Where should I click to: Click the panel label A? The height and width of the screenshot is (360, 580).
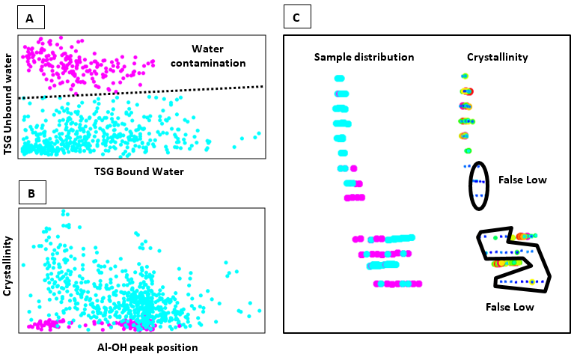[31, 18]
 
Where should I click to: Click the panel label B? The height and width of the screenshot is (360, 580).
[32, 192]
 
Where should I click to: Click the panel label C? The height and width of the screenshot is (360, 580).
[297, 17]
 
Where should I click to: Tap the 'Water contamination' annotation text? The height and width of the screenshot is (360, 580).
[208, 56]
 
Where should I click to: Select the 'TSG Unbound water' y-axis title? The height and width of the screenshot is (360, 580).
[7, 104]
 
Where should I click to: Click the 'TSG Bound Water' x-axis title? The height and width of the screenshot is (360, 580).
[138, 171]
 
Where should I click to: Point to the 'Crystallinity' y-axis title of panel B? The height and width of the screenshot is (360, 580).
[7, 266]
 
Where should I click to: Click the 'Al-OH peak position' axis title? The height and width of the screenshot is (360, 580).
[147, 348]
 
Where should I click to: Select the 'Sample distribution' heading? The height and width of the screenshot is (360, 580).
[364, 57]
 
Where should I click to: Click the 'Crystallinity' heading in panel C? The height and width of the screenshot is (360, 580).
[498, 57]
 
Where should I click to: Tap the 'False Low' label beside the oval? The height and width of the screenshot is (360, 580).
[522, 180]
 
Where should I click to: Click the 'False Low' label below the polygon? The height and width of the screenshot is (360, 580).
[510, 307]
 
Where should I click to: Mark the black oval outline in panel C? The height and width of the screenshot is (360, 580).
[470, 186]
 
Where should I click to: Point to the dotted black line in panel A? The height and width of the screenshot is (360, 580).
[141, 92]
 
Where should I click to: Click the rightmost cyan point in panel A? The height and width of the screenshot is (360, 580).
[259, 133]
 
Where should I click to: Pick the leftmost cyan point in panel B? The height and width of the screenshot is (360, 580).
[24, 265]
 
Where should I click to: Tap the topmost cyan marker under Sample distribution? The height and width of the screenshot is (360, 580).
[340, 79]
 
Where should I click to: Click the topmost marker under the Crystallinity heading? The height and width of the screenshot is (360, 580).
[465, 76]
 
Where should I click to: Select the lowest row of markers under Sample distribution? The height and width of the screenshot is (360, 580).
[397, 284]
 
